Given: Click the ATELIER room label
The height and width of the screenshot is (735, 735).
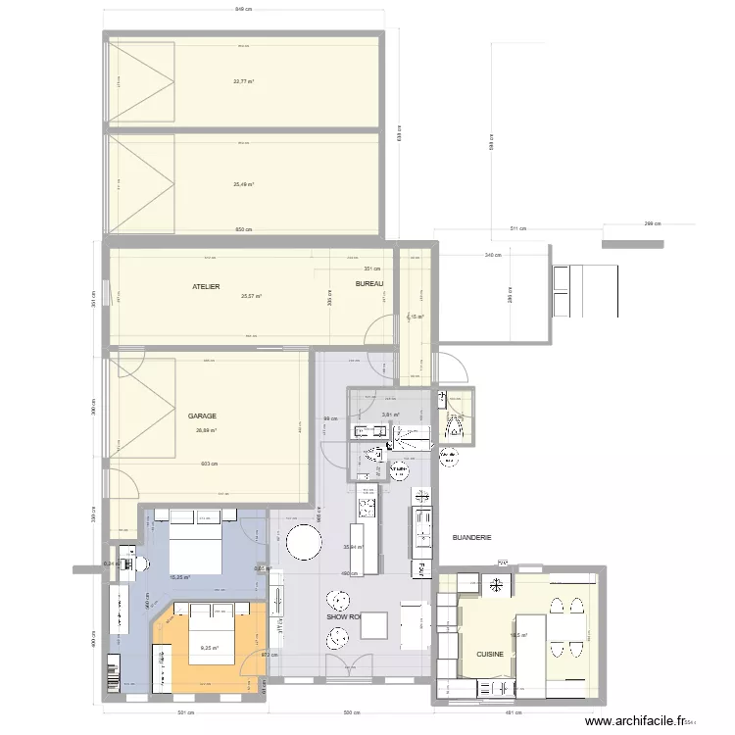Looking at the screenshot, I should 207,286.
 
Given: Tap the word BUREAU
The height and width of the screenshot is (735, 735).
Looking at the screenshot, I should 369,284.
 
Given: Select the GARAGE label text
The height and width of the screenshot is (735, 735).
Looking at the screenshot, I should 203,416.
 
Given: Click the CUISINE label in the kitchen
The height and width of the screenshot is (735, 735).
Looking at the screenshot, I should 490,654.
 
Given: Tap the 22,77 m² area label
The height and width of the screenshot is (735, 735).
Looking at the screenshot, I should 244,82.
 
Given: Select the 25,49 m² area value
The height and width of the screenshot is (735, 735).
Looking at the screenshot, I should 244,184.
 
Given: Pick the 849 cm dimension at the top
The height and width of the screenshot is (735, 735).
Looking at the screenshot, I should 243,10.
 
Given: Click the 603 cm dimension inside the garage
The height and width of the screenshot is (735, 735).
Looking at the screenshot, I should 208,465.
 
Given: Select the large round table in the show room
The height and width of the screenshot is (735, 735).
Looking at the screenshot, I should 304,542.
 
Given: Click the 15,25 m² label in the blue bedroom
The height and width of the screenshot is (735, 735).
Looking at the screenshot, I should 180,577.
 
